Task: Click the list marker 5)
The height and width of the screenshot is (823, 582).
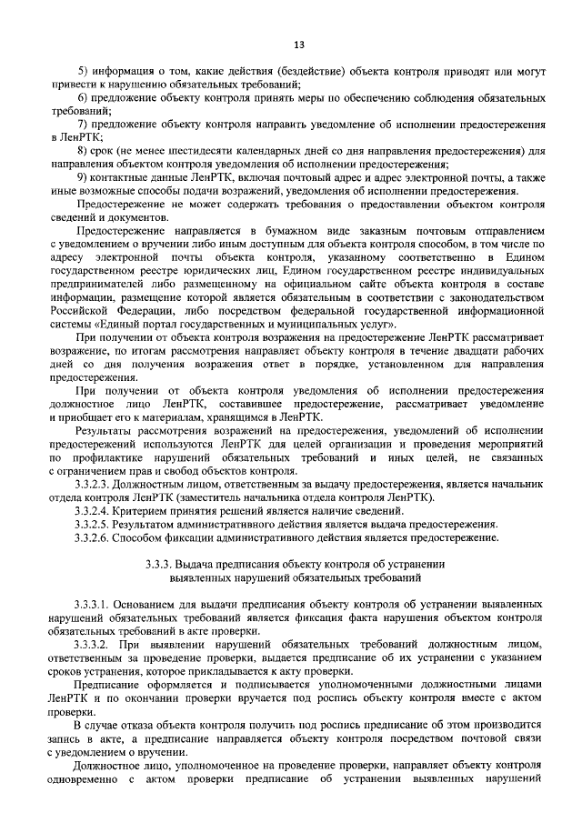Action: tap(83, 72)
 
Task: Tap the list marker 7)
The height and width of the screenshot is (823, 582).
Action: tap(83, 124)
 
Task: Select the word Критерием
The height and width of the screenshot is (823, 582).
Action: tap(149, 511)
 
